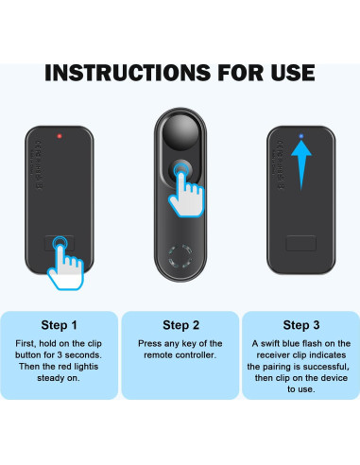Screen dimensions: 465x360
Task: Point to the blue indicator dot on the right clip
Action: [300, 135]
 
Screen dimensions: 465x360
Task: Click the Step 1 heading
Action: [61, 323]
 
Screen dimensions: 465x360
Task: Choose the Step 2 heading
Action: [180, 323]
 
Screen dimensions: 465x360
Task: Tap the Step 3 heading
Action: [300, 323]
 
